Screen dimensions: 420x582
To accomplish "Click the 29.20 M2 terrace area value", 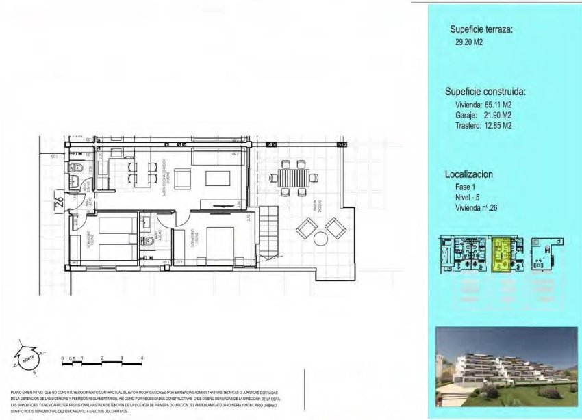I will click(x=469, y=42).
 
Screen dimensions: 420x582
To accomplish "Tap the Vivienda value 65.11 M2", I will click(x=498, y=105).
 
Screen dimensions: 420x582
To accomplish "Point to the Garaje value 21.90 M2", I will click(x=498, y=116).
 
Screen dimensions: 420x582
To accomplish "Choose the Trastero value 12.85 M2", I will click(x=498, y=126).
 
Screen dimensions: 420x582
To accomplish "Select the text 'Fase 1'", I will click(x=466, y=187).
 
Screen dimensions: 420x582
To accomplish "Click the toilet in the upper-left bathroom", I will click(x=77, y=168).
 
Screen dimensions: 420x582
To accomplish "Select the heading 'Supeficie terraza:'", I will click(x=481, y=30).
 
